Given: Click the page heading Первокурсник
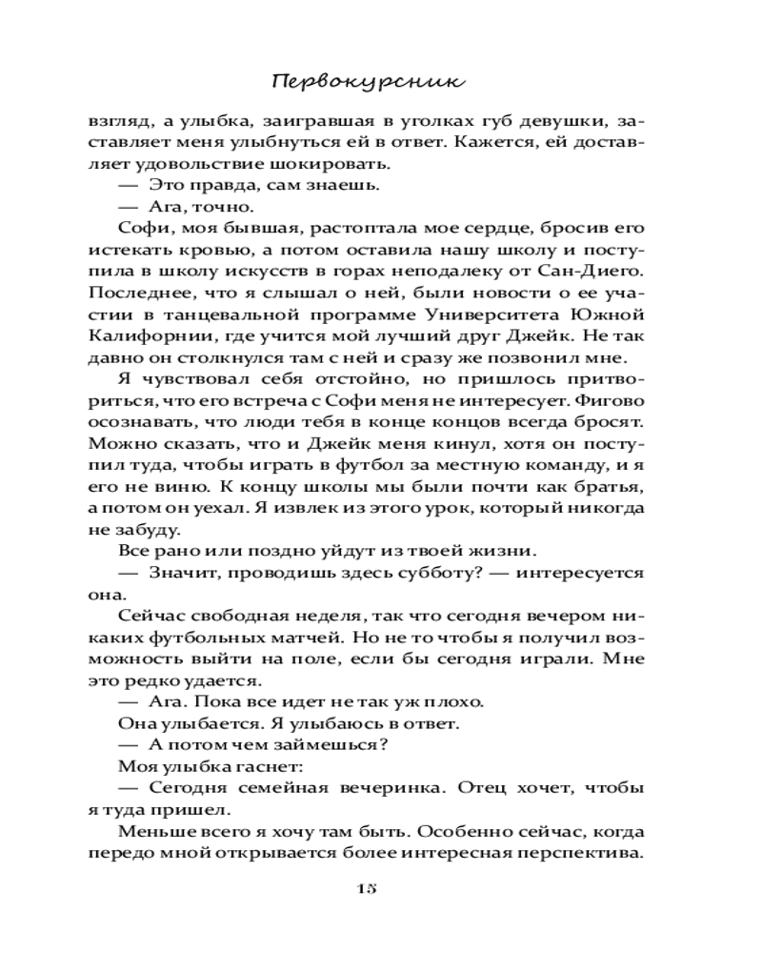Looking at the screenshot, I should point(369,81).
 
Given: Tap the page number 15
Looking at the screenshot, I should point(368,887).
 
